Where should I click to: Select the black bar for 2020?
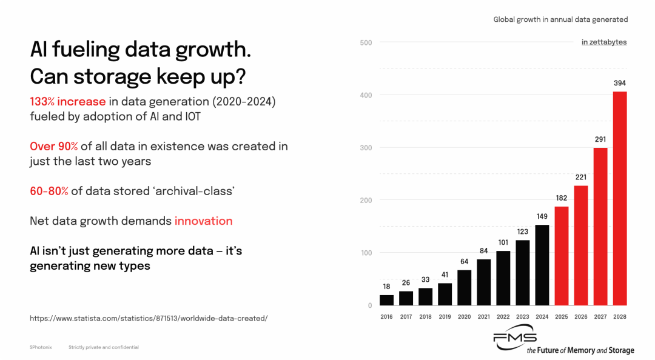[464, 287]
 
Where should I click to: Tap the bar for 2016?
[386, 300]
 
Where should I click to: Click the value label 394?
[619, 83]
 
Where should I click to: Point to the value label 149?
[542, 216]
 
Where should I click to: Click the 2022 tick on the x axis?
[503, 317]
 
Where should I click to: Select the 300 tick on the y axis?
[366, 147]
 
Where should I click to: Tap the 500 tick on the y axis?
[366, 42]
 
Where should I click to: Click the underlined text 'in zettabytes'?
[604, 42]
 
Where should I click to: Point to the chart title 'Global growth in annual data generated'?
[560, 19]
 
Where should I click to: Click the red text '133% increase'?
[68, 102]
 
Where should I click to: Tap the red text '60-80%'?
[49, 191]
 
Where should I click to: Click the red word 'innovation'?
[203, 221]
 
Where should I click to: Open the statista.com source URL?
[149, 318]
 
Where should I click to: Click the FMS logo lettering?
[514, 340]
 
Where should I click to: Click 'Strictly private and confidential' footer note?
[104, 347]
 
